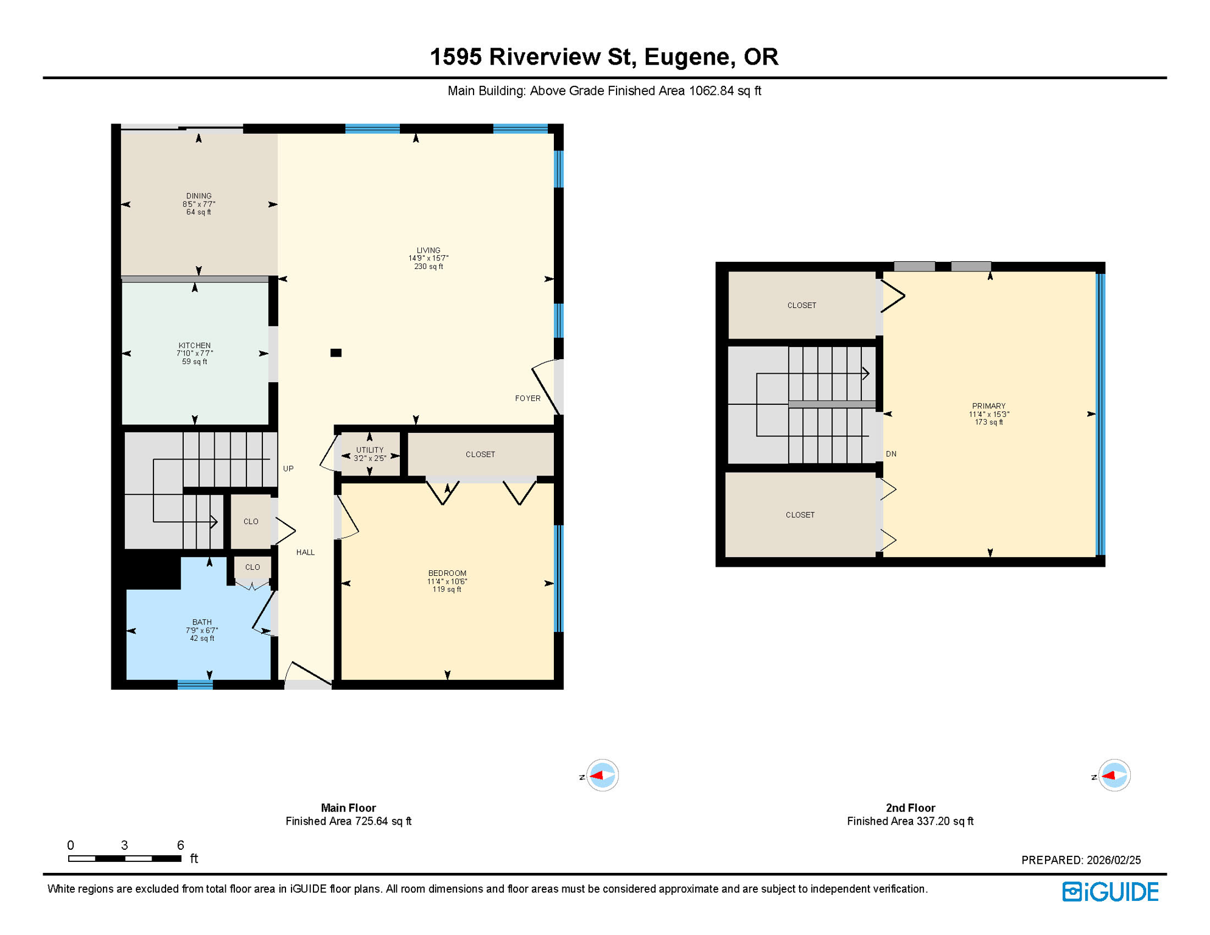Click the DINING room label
pyautogui.click(x=199, y=196)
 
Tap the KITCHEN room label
pyautogui.click(x=195, y=345)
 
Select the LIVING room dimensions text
pyautogui.click(x=428, y=259)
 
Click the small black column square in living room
pyautogui.click(x=336, y=353)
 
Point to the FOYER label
pyautogui.click(x=528, y=398)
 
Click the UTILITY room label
pyautogui.click(x=370, y=450)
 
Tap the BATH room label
pyautogui.click(x=202, y=622)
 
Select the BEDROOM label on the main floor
pyautogui.click(x=447, y=573)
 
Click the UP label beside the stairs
pyautogui.click(x=289, y=469)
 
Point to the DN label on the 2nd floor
pyautogui.click(x=891, y=454)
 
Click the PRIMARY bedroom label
pyautogui.click(x=989, y=406)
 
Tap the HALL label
pyautogui.click(x=306, y=552)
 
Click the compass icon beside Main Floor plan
pyautogui.click(x=602, y=776)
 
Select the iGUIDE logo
pyautogui.click(x=1111, y=892)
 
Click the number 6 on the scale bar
pyautogui.click(x=180, y=845)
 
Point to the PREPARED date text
pyautogui.click(x=1081, y=860)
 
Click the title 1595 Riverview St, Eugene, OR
pyautogui.click(x=604, y=57)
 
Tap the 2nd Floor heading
pyautogui.click(x=911, y=808)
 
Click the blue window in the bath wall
pyautogui.click(x=195, y=685)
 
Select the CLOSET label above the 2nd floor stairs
pyautogui.click(x=802, y=306)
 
